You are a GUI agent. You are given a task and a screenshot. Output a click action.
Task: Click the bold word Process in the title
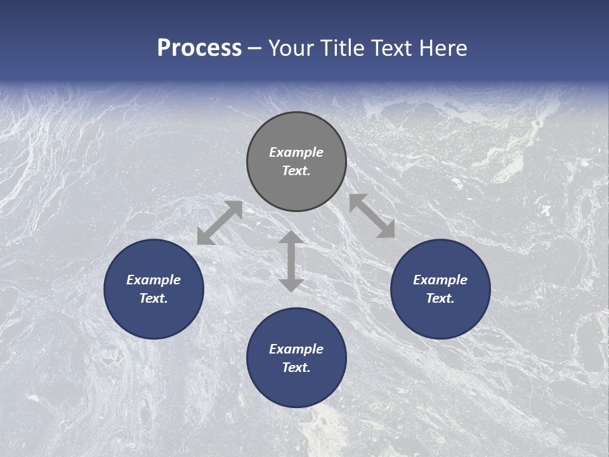tap(199, 48)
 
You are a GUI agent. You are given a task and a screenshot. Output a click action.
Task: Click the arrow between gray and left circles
tap(219, 223)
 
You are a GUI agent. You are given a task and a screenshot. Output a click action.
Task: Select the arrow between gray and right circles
tap(372, 216)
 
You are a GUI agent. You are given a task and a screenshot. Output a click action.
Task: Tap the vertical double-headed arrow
tap(291, 261)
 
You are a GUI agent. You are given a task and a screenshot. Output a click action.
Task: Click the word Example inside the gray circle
tap(296, 152)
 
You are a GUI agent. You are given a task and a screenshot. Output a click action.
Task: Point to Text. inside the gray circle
tap(296, 171)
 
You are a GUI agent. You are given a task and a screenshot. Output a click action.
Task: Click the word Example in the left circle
tap(154, 280)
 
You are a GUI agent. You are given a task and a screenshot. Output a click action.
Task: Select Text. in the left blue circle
tap(154, 298)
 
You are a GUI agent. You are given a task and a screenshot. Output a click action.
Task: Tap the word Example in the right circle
tap(440, 280)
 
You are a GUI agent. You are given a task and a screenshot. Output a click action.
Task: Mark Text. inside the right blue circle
tap(440, 298)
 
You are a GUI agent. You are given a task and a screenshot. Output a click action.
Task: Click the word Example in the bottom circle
tap(296, 349)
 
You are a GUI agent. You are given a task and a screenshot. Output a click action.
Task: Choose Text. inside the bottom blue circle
tap(296, 368)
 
